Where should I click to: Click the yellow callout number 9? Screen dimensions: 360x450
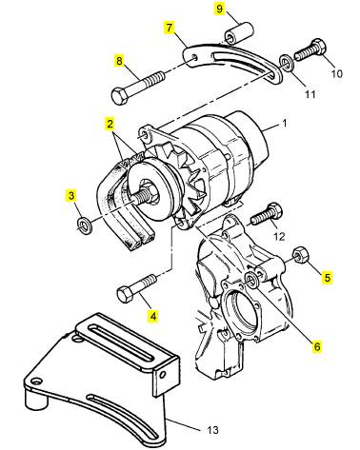pos(219,9)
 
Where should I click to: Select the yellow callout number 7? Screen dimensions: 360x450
pos(170,28)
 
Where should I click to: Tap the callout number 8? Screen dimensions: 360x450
pos(119,61)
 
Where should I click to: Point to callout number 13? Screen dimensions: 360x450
pos(212,430)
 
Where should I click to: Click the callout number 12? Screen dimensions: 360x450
pos(279,236)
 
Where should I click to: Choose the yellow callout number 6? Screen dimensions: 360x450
pos(317,346)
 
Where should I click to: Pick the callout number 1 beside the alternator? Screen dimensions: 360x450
pos(285,123)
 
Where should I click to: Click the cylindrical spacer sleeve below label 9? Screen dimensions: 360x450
pos(239,34)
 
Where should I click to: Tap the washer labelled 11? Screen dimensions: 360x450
pos(287,63)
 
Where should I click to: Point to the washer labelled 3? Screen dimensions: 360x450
pos(85,224)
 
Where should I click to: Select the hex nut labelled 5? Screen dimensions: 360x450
pos(299,254)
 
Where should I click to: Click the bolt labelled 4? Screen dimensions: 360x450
pos(136,288)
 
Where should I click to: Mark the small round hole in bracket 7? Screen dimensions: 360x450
pos(195,58)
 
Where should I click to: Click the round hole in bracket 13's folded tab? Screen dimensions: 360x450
pos(163,375)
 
